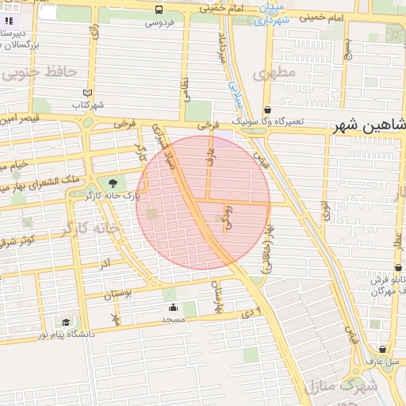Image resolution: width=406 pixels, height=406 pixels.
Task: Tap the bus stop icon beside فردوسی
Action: pyautogui.click(x=160, y=10)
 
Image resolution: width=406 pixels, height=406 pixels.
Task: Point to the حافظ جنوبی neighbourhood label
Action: pyautogui.click(x=40, y=72)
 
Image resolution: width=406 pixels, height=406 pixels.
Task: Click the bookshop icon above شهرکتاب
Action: pyautogui.click(x=87, y=93)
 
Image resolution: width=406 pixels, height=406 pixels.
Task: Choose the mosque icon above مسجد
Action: pyautogui.click(x=173, y=307)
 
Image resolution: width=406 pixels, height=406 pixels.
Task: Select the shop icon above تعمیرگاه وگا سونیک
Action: pyautogui.click(x=267, y=109)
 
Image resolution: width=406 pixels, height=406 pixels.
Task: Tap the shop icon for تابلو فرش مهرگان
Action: pyautogui.click(x=398, y=268)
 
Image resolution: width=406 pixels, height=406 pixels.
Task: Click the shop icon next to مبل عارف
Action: pyautogui.click(x=383, y=349)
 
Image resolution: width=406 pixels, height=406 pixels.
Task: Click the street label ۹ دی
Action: pyautogui.click(x=252, y=310)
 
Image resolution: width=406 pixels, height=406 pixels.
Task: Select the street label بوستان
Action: pyautogui.click(x=119, y=295)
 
